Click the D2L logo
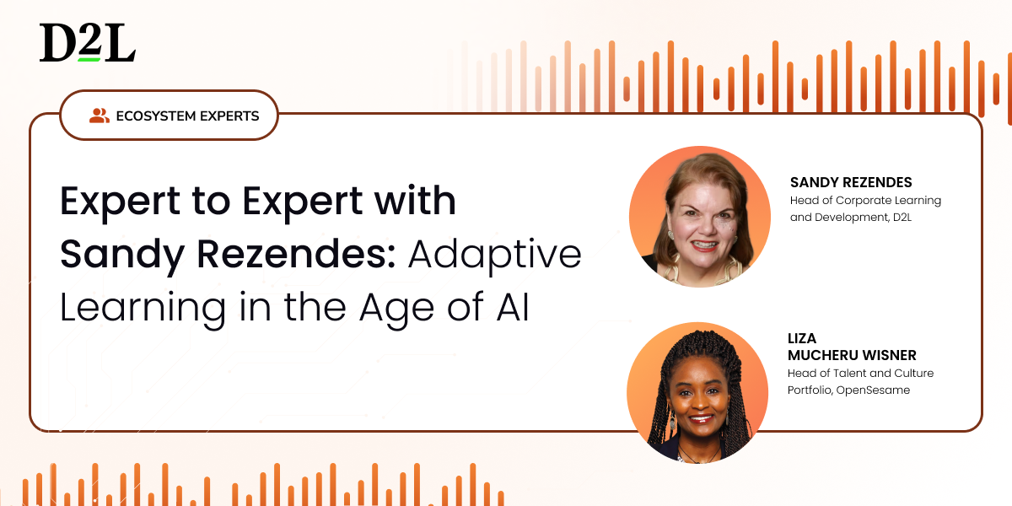(x=88, y=42)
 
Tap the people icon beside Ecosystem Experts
(x=100, y=116)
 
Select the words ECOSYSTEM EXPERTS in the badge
(x=187, y=116)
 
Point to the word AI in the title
(x=513, y=308)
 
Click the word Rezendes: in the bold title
(x=296, y=255)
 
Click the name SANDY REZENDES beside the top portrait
(x=851, y=182)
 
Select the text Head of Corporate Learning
(x=865, y=201)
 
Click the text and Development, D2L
(x=851, y=218)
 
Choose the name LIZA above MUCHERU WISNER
(x=802, y=338)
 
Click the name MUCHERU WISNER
(x=852, y=356)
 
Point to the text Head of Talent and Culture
(x=861, y=373)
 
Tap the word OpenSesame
(x=873, y=390)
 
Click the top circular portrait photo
(x=700, y=217)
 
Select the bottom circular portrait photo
(x=697, y=393)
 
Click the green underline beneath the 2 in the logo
(x=89, y=60)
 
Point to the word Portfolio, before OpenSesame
(x=810, y=390)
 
